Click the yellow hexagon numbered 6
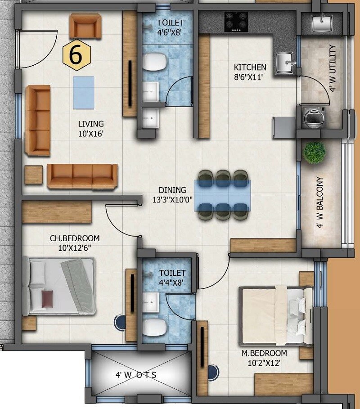coord(76,55)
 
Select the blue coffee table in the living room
coord(83,92)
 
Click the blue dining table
coord(223,195)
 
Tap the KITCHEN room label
coord(250,67)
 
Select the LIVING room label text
coord(91,124)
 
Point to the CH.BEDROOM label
coord(75,238)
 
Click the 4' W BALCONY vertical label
coord(320,202)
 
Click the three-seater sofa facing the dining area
coord(82,175)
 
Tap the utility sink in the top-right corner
coord(321,22)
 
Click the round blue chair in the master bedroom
coord(213,372)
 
